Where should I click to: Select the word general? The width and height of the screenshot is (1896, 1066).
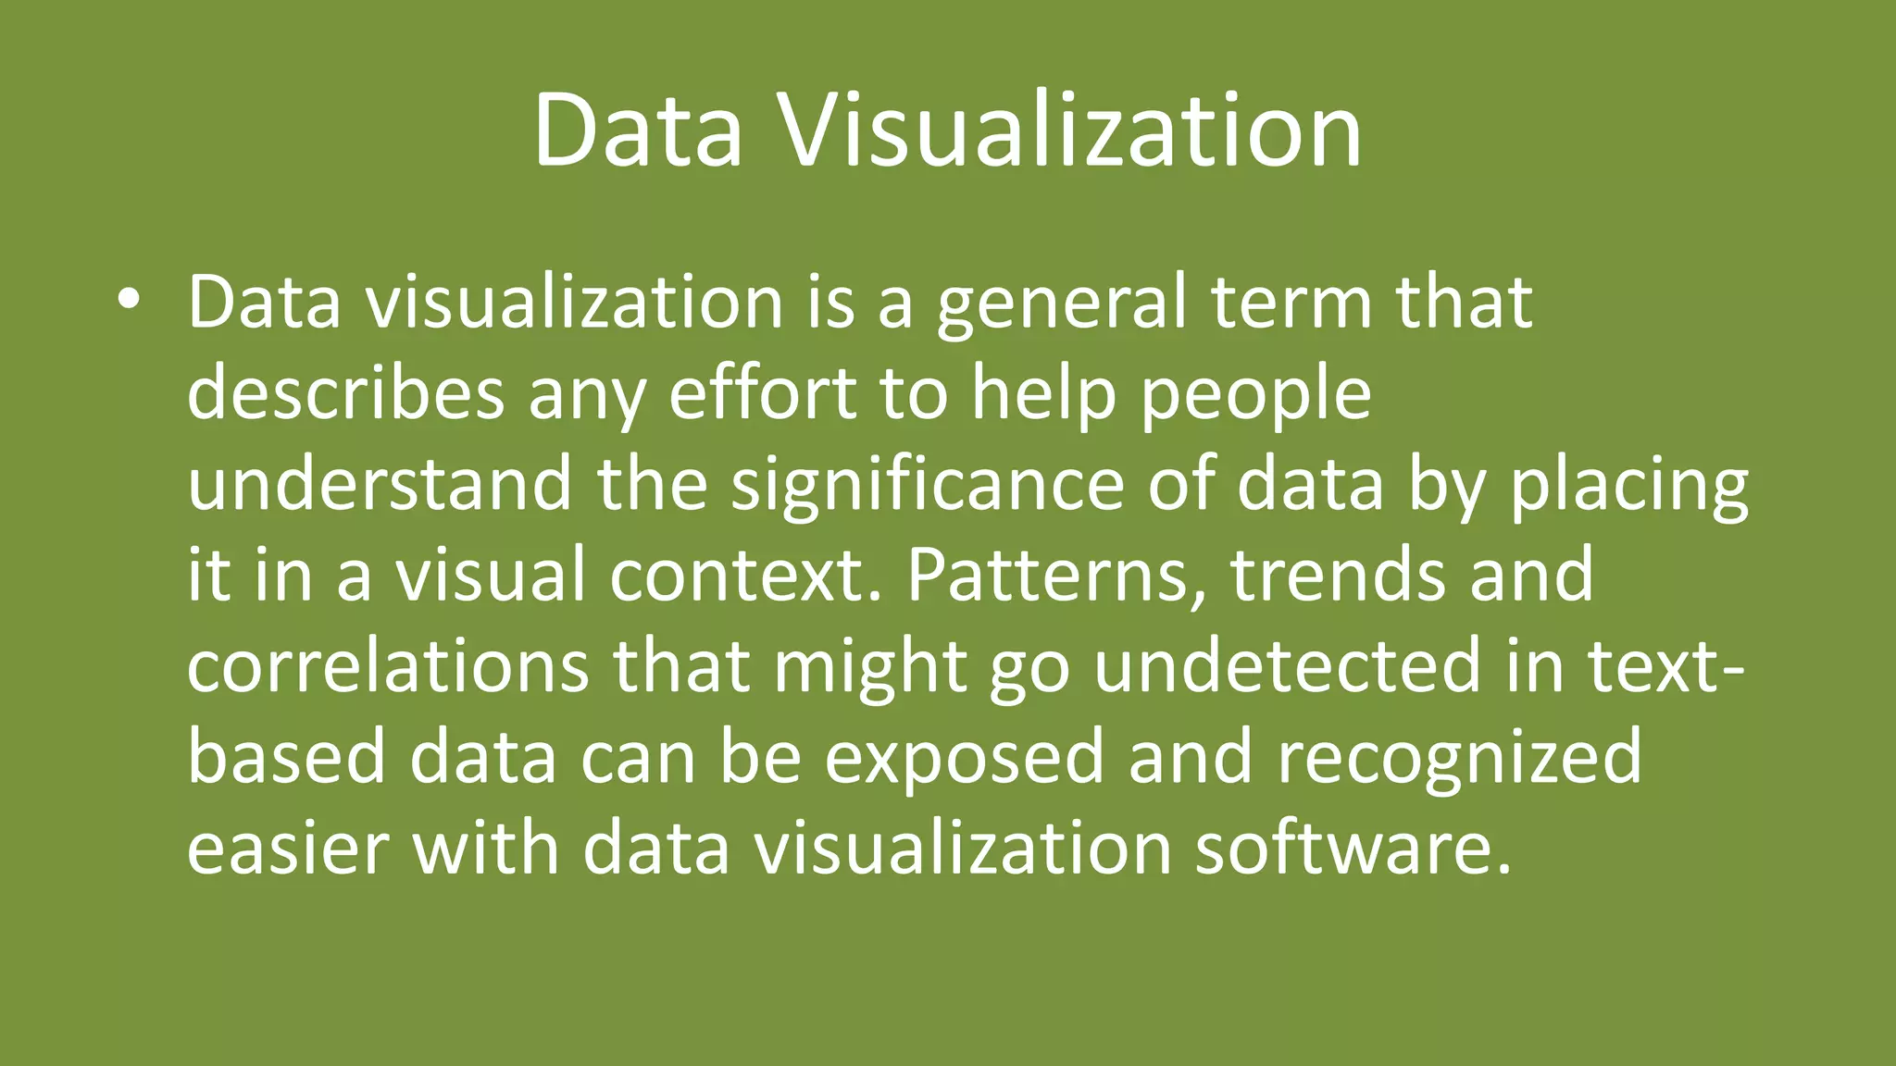(x=1061, y=304)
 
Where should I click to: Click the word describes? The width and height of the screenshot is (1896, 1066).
(x=345, y=392)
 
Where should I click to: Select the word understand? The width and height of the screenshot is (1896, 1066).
(x=380, y=483)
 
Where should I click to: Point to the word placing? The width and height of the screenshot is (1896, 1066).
(x=1629, y=485)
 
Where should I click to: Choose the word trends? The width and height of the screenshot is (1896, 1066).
(x=1338, y=574)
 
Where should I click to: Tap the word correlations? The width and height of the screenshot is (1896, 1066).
(x=388, y=665)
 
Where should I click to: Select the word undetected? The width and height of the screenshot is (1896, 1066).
(x=1288, y=665)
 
